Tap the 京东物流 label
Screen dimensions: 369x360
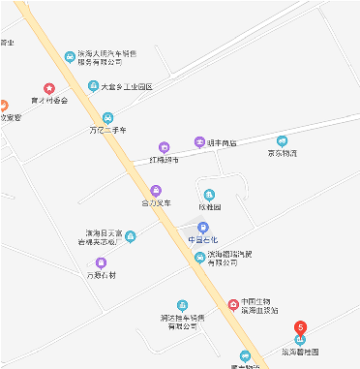click(x=283, y=153)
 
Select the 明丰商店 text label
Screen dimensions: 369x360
click(x=223, y=141)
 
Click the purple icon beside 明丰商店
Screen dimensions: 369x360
click(x=200, y=141)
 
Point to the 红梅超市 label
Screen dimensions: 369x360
click(x=165, y=159)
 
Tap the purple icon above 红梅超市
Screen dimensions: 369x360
click(x=164, y=146)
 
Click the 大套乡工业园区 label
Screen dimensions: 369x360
click(x=128, y=86)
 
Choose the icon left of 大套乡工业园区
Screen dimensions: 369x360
click(x=93, y=85)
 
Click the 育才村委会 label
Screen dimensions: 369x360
click(x=49, y=100)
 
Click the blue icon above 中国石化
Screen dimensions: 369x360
click(x=202, y=228)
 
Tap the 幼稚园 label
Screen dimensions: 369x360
click(x=210, y=207)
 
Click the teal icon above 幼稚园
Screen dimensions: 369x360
click(x=209, y=195)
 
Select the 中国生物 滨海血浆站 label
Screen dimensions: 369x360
click(x=260, y=305)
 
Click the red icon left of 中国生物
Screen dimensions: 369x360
click(x=232, y=305)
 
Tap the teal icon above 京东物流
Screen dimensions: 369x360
click(x=283, y=140)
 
